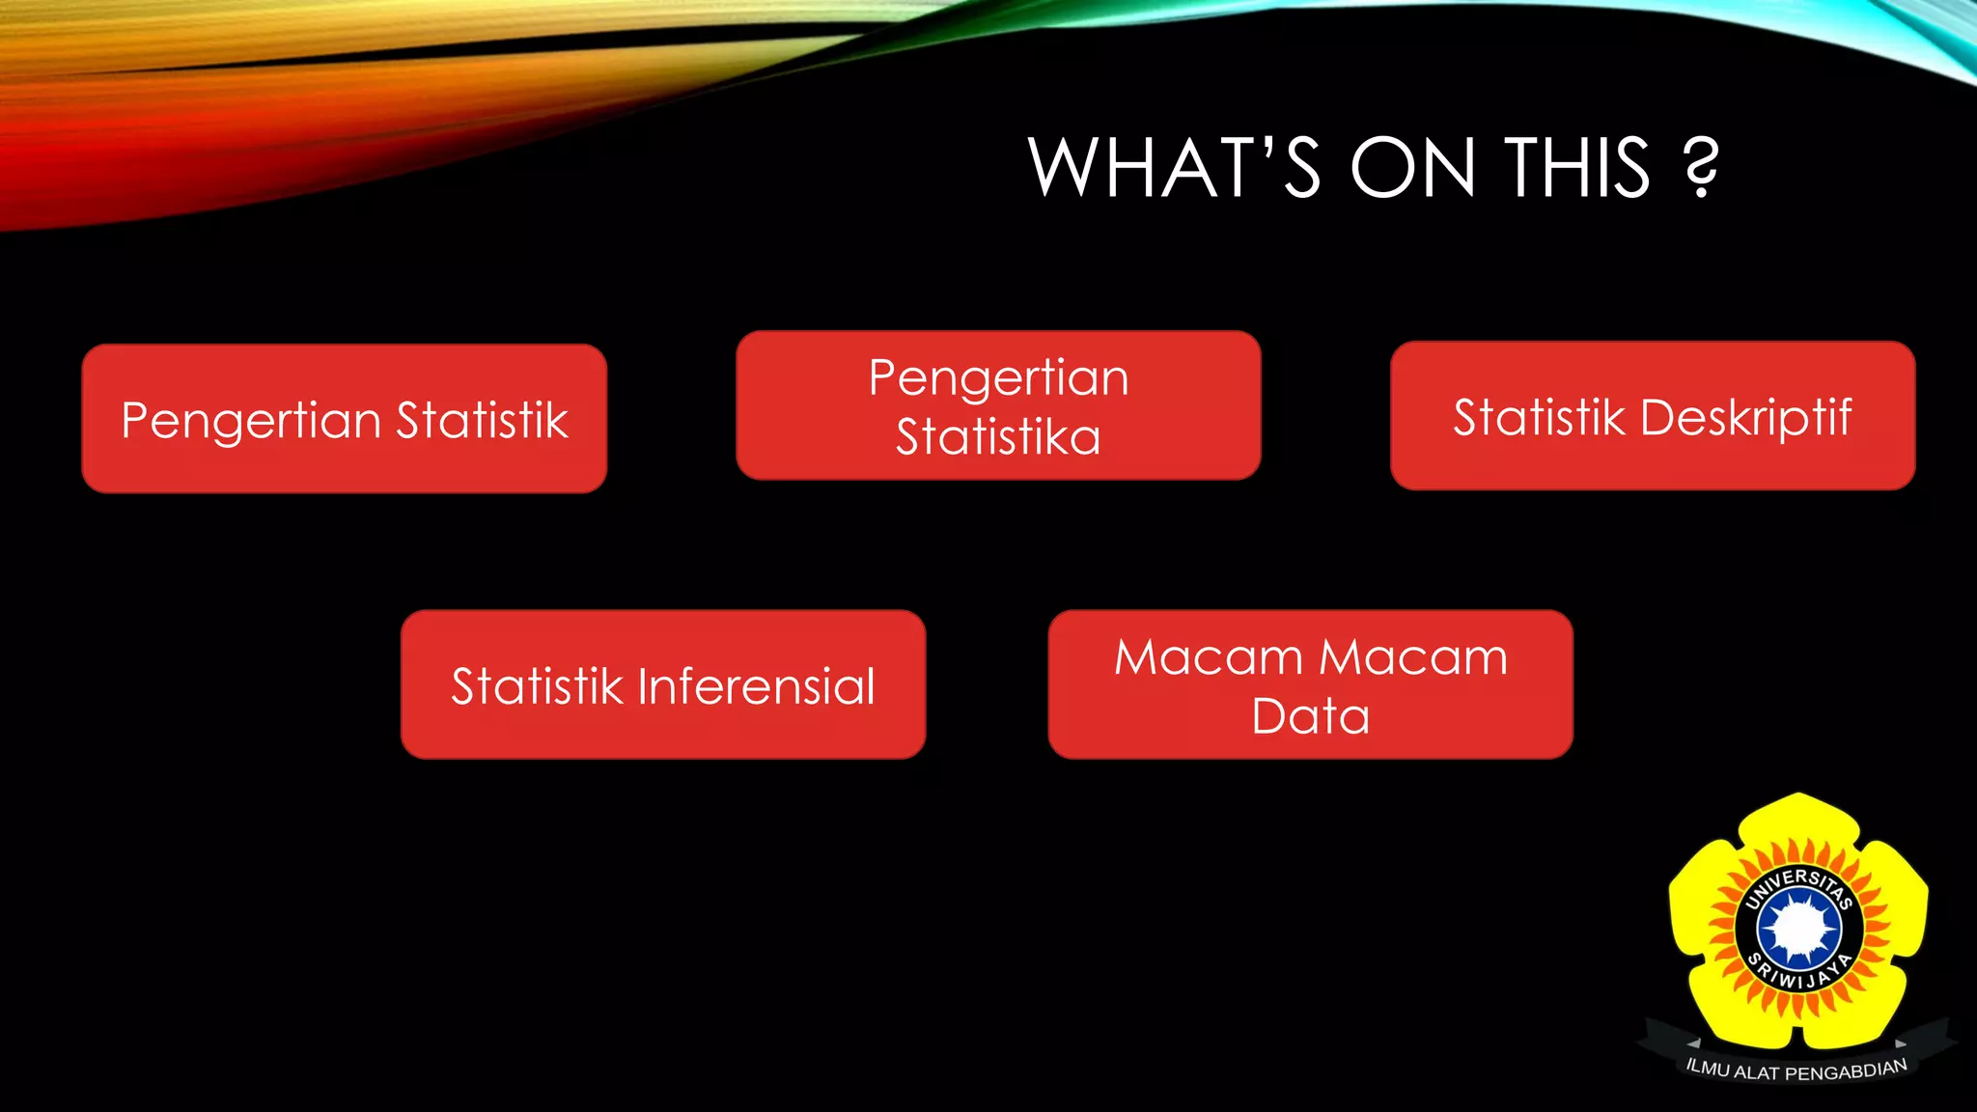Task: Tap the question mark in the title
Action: pyautogui.click(x=1701, y=168)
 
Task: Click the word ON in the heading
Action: pyautogui.click(x=1412, y=168)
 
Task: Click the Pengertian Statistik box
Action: pyautogui.click(x=345, y=418)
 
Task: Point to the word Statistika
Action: pyautogui.click(x=998, y=437)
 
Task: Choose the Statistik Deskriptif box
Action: pyautogui.click(x=1653, y=416)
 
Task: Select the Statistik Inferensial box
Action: pyautogui.click(x=663, y=684)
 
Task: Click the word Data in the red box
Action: pyautogui.click(x=1310, y=716)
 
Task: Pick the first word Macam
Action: pyautogui.click(x=1209, y=657)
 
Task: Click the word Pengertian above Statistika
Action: pyautogui.click(x=998, y=378)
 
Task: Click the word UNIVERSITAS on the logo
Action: pyautogui.click(x=1798, y=883)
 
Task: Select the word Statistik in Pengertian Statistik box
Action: pyautogui.click(x=482, y=420)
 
